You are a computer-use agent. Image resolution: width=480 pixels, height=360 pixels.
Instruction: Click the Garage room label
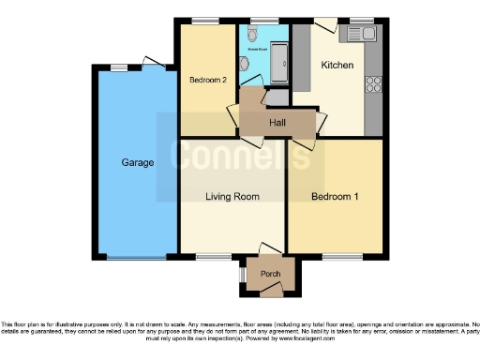(137, 162)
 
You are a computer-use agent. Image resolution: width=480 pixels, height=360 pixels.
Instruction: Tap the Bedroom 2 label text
(207, 80)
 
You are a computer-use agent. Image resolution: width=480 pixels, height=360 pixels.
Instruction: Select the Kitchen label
(337, 66)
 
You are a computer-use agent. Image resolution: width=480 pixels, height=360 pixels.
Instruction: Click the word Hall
(277, 122)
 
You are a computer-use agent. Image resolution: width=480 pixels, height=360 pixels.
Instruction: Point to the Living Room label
(232, 196)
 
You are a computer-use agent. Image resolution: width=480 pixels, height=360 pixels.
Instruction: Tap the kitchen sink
(361, 35)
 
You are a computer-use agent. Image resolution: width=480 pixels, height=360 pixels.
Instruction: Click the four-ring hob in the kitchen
(374, 82)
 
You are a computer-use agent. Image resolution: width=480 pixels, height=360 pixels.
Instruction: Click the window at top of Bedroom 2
(206, 21)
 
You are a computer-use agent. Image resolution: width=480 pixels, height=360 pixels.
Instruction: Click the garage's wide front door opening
(137, 257)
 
